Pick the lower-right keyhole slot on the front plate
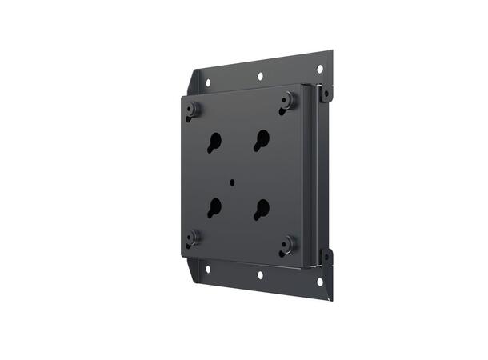[x=262, y=209]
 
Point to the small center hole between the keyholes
[x=232, y=182]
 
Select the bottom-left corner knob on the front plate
[x=193, y=237]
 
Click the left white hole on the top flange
[x=208, y=82]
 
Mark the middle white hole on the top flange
[x=260, y=77]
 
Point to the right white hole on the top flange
[x=318, y=69]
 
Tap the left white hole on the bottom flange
[x=207, y=268]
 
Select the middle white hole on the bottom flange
[x=260, y=274]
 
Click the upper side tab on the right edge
[x=326, y=94]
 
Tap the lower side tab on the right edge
[x=326, y=257]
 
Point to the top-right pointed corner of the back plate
[x=332, y=53]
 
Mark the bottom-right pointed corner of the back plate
[x=332, y=299]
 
